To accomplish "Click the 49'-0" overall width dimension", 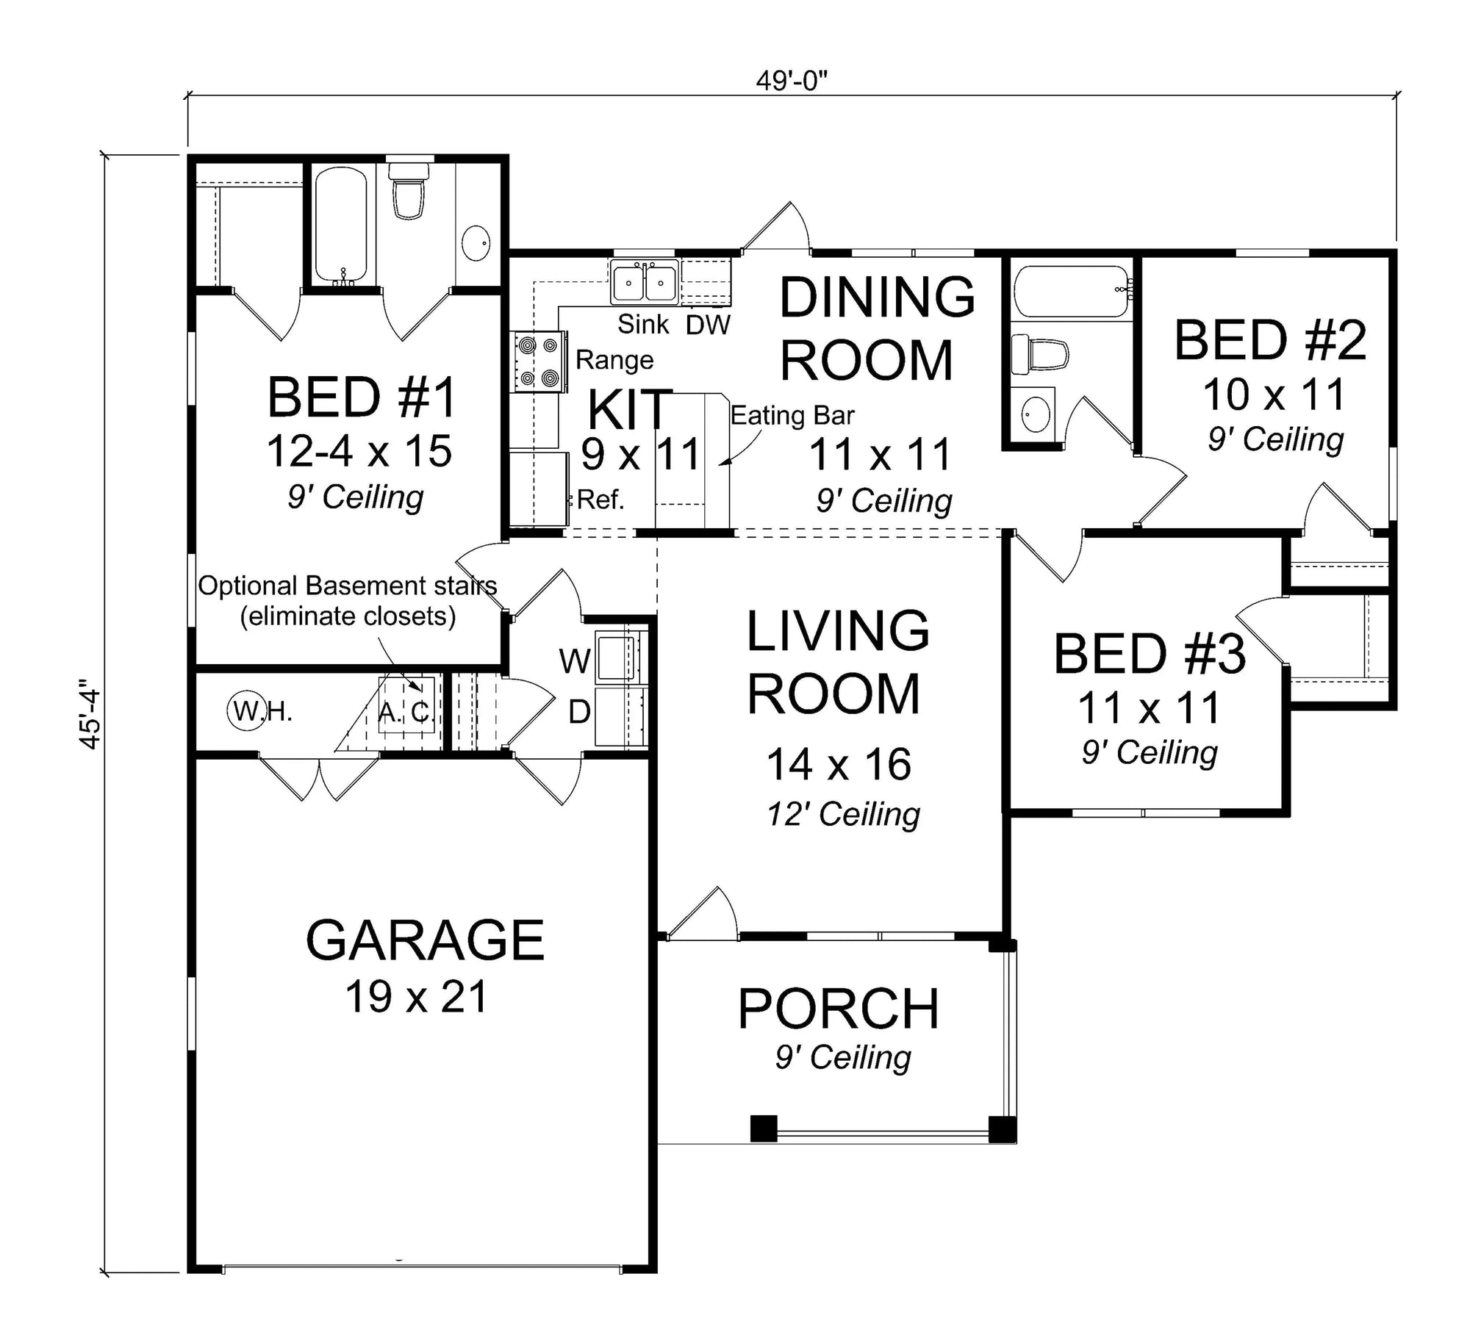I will (792, 81).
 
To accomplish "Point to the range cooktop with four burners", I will (539, 361).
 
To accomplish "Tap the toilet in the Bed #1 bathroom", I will (409, 191).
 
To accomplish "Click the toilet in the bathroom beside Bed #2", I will (1039, 354).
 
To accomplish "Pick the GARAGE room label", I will (425, 940).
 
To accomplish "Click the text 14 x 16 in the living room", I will (839, 764).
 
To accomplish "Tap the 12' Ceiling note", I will (843, 814).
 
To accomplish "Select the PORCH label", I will (839, 1009).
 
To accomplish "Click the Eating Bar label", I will (792, 416).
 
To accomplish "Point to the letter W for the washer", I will (575, 662).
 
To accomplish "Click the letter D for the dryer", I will (579, 711).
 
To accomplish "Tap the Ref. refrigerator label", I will (600, 500).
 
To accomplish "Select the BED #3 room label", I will (1150, 655).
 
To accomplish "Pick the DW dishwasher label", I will (708, 325).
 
